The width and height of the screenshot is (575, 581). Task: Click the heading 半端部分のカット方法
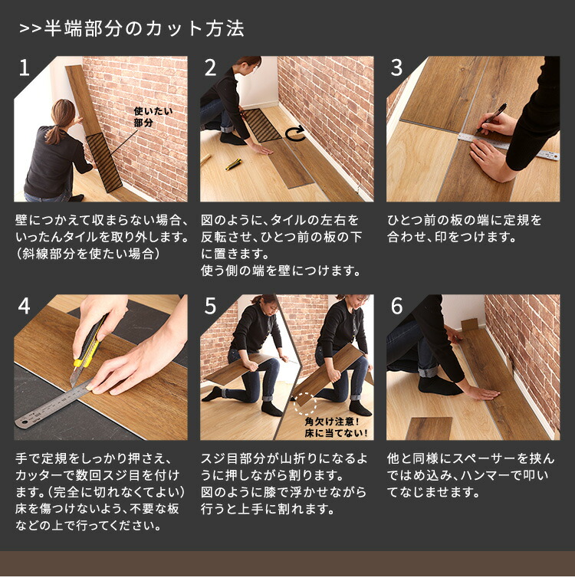pyautogui.click(x=131, y=29)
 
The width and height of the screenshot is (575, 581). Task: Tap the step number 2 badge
pyautogui.click(x=210, y=68)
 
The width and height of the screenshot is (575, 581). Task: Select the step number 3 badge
pyautogui.click(x=396, y=68)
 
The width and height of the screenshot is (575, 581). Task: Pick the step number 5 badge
pyautogui.click(x=210, y=307)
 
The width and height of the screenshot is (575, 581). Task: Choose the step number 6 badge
pyautogui.click(x=396, y=307)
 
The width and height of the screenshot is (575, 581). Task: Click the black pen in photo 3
pyautogui.click(x=491, y=119)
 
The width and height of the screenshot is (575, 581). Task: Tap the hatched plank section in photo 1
pyautogui.click(x=103, y=161)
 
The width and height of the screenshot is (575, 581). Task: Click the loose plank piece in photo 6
pyautogui.click(x=429, y=428)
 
